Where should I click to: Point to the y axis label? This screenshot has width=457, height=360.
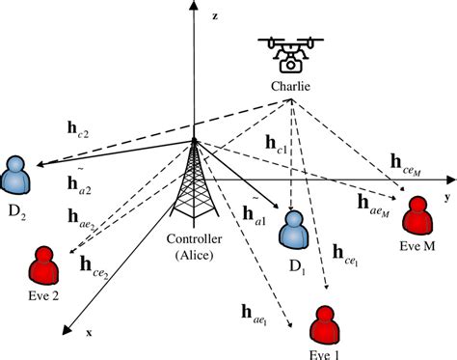pyautogui.click(x=448, y=196)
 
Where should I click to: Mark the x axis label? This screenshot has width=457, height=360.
pyautogui.click(x=90, y=333)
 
